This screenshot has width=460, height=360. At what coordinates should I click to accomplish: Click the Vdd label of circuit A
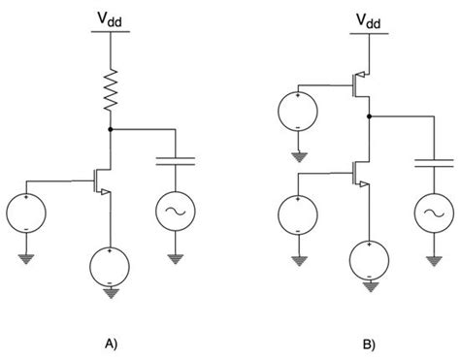[114, 16]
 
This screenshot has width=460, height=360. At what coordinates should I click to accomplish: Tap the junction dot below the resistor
[113, 128]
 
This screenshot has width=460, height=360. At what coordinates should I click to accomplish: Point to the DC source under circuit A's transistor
[113, 263]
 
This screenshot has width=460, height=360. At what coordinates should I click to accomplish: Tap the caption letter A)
[114, 342]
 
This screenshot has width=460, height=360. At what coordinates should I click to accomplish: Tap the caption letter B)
[368, 342]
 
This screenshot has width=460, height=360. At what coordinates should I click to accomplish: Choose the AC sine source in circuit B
[428, 213]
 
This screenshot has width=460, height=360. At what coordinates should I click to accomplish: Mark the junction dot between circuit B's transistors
[369, 115]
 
